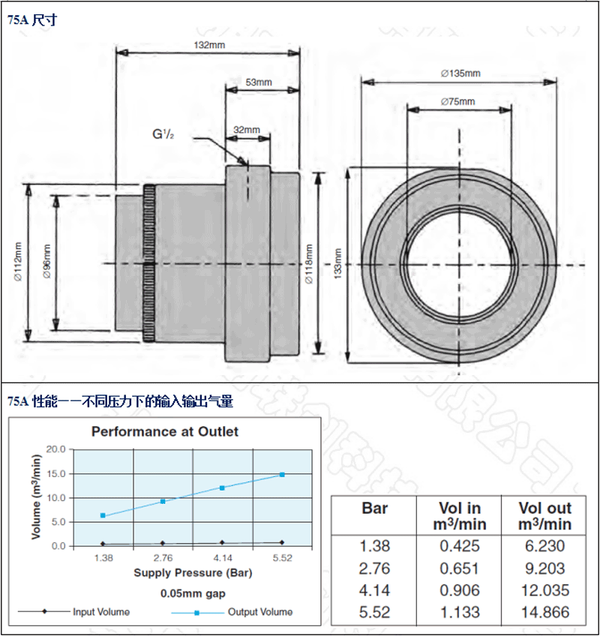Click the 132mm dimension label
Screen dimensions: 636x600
[x=209, y=44]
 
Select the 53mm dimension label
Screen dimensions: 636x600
[x=259, y=82]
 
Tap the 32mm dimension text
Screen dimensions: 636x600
[x=247, y=130]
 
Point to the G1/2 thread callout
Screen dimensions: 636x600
[x=163, y=135]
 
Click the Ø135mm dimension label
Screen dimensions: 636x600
[x=460, y=73]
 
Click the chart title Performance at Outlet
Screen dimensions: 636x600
[x=165, y=431]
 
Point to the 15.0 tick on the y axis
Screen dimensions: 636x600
[x=56, y=473]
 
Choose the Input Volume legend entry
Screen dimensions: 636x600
[x=100, y=612]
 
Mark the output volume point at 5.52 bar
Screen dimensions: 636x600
[x=282, y=474]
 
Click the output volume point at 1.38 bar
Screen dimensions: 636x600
[x=103, y=515]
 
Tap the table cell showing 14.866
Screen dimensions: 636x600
[x=544, y=613]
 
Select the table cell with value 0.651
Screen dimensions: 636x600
[x=459, y=568]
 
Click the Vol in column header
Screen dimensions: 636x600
[x=459, y=516]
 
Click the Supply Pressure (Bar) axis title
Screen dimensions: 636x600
[x=193, y=574]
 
